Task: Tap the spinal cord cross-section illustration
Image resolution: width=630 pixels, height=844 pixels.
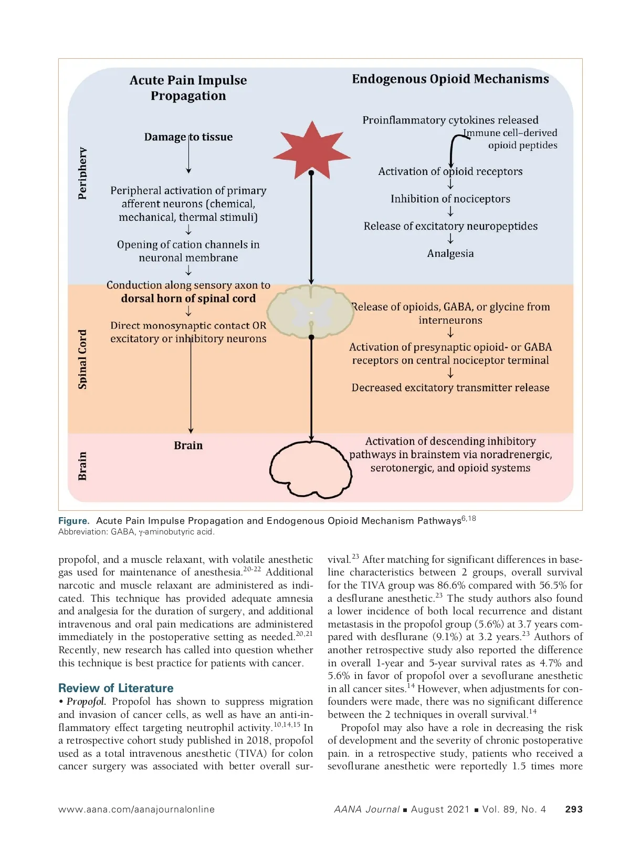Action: [x=311, y=311]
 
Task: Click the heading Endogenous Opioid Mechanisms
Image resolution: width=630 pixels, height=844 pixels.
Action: [x=450, y=79]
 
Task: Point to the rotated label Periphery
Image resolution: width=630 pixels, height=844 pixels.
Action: [x=82, y=173]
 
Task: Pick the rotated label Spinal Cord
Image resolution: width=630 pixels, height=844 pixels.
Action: [x=82, y=359]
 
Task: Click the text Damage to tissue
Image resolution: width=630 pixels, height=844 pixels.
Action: [x=188, y=137]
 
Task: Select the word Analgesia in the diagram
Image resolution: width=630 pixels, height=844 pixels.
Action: [x=450, y=253]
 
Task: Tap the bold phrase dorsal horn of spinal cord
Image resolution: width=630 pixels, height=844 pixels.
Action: [x=188, y=299]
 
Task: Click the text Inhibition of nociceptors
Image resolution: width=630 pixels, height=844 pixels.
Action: [x=450, y=199]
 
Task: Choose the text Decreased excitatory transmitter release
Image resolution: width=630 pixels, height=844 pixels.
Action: [x=450, y=388]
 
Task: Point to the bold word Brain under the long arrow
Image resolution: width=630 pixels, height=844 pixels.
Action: [x=188, y=446]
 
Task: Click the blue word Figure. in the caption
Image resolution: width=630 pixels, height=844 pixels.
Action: [x=73, y=521]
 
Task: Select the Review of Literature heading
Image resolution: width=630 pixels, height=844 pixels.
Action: [x=115, y=688]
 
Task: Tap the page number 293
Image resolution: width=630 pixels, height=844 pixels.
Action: [x=573, y=809]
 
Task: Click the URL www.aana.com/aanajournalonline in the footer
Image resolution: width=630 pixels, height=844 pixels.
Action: [x=136, y=809]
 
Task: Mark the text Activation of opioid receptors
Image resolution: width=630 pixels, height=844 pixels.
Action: [x=450, y=171]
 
